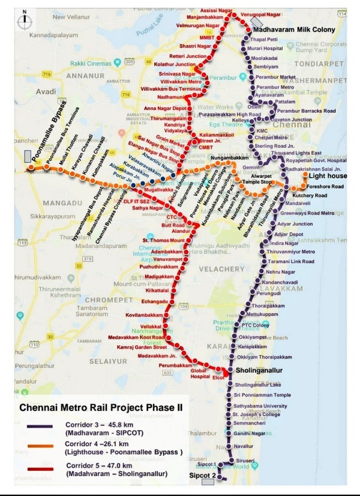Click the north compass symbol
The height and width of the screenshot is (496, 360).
[x=23, y=19]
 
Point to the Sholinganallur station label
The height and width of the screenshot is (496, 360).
[x=259, y=370]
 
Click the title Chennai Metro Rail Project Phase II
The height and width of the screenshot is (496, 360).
[x=101, y=407]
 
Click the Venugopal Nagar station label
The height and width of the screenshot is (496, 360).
[x=262, y=13]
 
